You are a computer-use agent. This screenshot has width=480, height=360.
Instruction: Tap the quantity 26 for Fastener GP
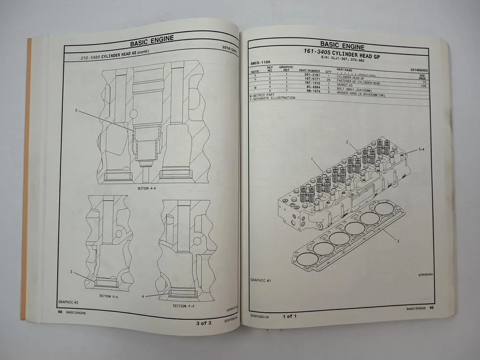point(328,79)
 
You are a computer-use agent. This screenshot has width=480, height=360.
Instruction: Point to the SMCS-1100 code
point(261,62)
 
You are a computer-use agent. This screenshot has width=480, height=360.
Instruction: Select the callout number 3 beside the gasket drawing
point(397,241)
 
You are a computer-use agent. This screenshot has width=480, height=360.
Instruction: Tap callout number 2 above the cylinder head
point(347,142)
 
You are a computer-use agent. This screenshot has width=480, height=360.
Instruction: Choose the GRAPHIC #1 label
point(263,280)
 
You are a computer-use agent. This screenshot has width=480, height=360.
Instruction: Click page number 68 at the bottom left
point(60,311)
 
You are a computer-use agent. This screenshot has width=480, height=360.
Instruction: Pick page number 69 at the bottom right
point(432,308)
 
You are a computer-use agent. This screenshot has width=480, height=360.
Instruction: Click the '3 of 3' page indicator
point(204,323)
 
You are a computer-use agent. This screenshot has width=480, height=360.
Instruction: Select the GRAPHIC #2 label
point(68,302)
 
